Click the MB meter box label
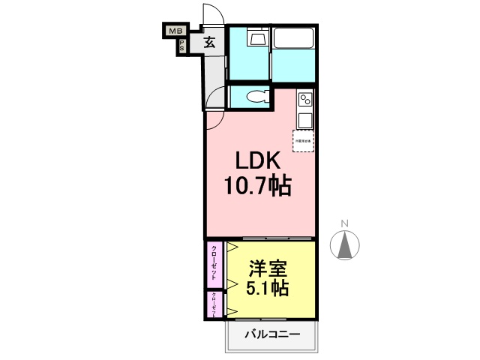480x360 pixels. point(175,31)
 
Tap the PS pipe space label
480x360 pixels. point(181,46)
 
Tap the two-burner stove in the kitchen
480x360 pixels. point(305,97)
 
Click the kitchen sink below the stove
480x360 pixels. point(305,120)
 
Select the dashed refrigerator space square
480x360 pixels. point(303,141)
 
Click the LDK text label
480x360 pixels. point(258,160)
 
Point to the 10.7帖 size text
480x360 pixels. point(258,185)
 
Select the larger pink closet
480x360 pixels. point(215,263)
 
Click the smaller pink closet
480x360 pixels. point(215,304)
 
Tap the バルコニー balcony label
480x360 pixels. point(272,334)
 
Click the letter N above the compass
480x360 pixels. point(345,223)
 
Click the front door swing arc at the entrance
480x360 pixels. point(212,16)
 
